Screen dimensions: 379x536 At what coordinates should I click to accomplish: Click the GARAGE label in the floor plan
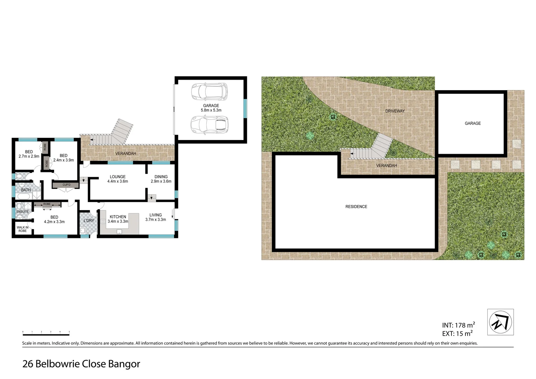pyautogui.click(x=211, y=106)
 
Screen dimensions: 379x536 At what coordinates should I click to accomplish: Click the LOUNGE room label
pyautogui.click(x=118, y=177)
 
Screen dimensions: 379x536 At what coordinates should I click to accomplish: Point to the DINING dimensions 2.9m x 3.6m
pyautogui.click(x=161, y=181)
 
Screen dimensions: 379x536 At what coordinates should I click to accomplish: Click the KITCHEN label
pyautogui.click(x=118, y=217)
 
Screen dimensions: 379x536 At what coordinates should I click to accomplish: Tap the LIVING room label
pyautogui.click(x=155, y=215)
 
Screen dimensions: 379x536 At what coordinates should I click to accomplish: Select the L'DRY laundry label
pyautogui.click(x=88, y=221)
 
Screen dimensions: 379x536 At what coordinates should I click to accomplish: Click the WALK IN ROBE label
pyautogui.click(x=22, y=229)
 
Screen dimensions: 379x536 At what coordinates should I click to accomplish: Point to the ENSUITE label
pyautogui.click(x=22, y=212)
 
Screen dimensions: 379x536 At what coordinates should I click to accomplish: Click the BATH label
pyautogui.click(x=26, y=190)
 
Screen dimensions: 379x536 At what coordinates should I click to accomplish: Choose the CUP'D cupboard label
pyautogui.click(x=66, y=185)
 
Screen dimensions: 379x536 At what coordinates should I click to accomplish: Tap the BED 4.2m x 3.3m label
pyautogui.click(x=54, y=219)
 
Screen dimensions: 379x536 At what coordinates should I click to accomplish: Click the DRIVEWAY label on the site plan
pyautogui.click(x=395, y=111)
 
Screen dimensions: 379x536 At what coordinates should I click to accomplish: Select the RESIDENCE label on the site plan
pyautogui.click(x=356, y=207)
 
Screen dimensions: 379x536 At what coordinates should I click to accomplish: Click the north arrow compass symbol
pyautogui.click(x=501, y=322)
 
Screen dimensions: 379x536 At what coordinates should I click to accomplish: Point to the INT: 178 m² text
pyautogui.click(x=458, y=325)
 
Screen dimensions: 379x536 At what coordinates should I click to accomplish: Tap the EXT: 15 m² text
pyautogui.click(x=457, y=334)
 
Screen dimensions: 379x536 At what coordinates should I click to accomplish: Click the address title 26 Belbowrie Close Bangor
pyautogui.click(x=81, y=364)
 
